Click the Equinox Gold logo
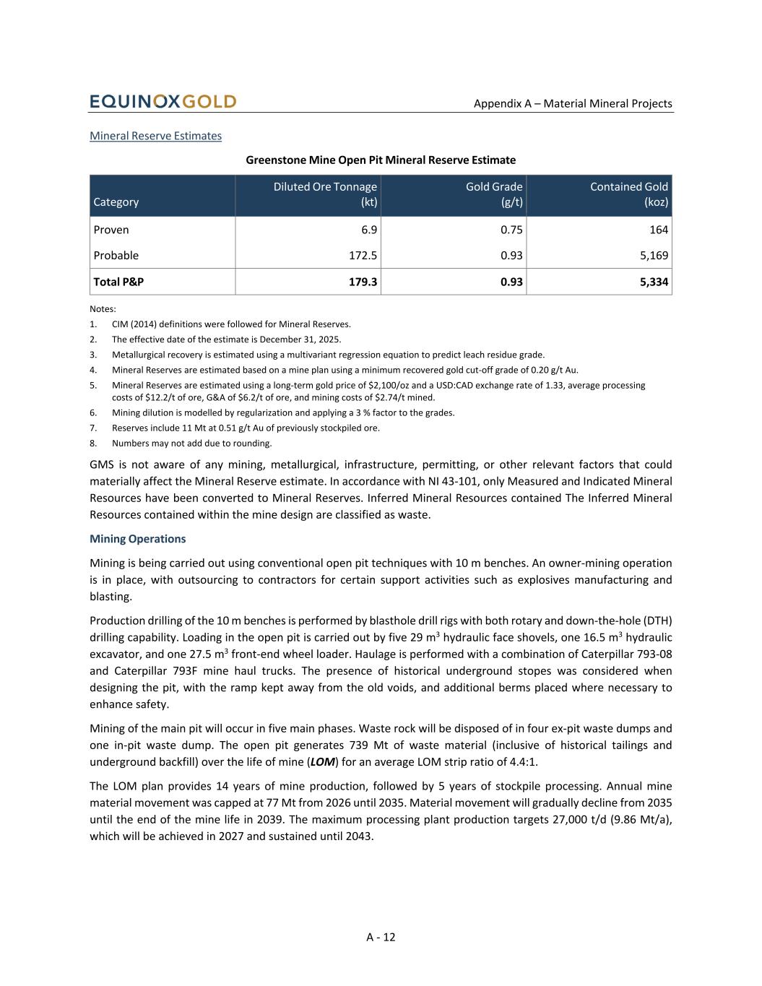click(163, 102)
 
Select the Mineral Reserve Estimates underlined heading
click(155, 136)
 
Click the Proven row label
click(111, 230)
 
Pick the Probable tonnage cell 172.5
click(363, 256)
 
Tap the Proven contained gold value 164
click(658, 230)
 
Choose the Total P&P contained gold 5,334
click(654, 282)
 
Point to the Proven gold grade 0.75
click(511, 230)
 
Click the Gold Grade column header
click(494, 187)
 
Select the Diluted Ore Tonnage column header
click(325, 187)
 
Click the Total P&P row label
click(118, 282)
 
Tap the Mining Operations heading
click(137, 539)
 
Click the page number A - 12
click(381, 938)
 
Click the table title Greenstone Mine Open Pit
click(381, 160)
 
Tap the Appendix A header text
click(573, 103)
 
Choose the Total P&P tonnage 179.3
click(363, 282)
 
